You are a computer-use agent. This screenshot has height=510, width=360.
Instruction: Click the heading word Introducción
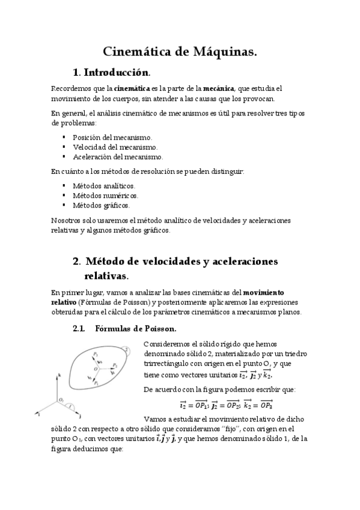point(116,73)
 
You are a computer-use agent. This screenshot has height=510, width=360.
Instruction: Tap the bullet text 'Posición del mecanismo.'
point(112,137)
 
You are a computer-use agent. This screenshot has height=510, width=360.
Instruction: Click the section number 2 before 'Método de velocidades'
point(76,262)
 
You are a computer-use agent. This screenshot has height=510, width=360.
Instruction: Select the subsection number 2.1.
point(79,328)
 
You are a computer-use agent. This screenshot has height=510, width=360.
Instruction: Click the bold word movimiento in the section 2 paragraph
point(267,292)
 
